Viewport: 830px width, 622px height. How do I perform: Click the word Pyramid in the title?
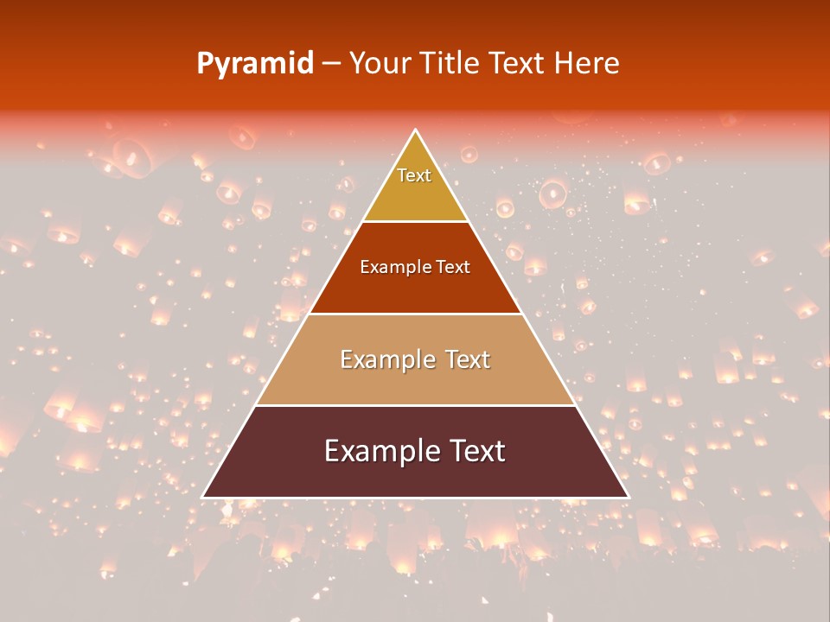[254, 64]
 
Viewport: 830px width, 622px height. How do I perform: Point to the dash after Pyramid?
[330, 64]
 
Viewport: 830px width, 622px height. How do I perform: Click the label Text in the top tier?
[414, 175]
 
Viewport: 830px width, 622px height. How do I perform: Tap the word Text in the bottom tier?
[476, 451]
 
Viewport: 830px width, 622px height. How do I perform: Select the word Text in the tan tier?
[468, 359]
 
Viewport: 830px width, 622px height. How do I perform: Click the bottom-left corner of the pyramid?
[203, 497]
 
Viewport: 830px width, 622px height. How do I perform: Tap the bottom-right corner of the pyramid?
[629, 497]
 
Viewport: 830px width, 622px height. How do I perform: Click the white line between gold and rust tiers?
[415, 221]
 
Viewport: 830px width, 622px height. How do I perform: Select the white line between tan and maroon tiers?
[415, 405]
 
